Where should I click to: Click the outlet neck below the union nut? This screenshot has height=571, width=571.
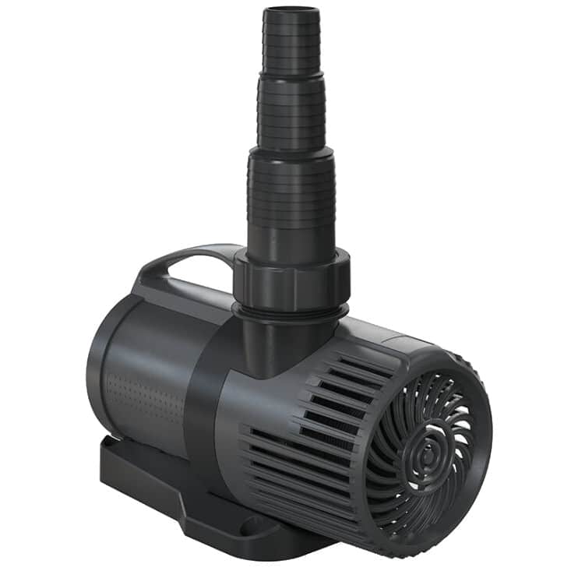[280, 343]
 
